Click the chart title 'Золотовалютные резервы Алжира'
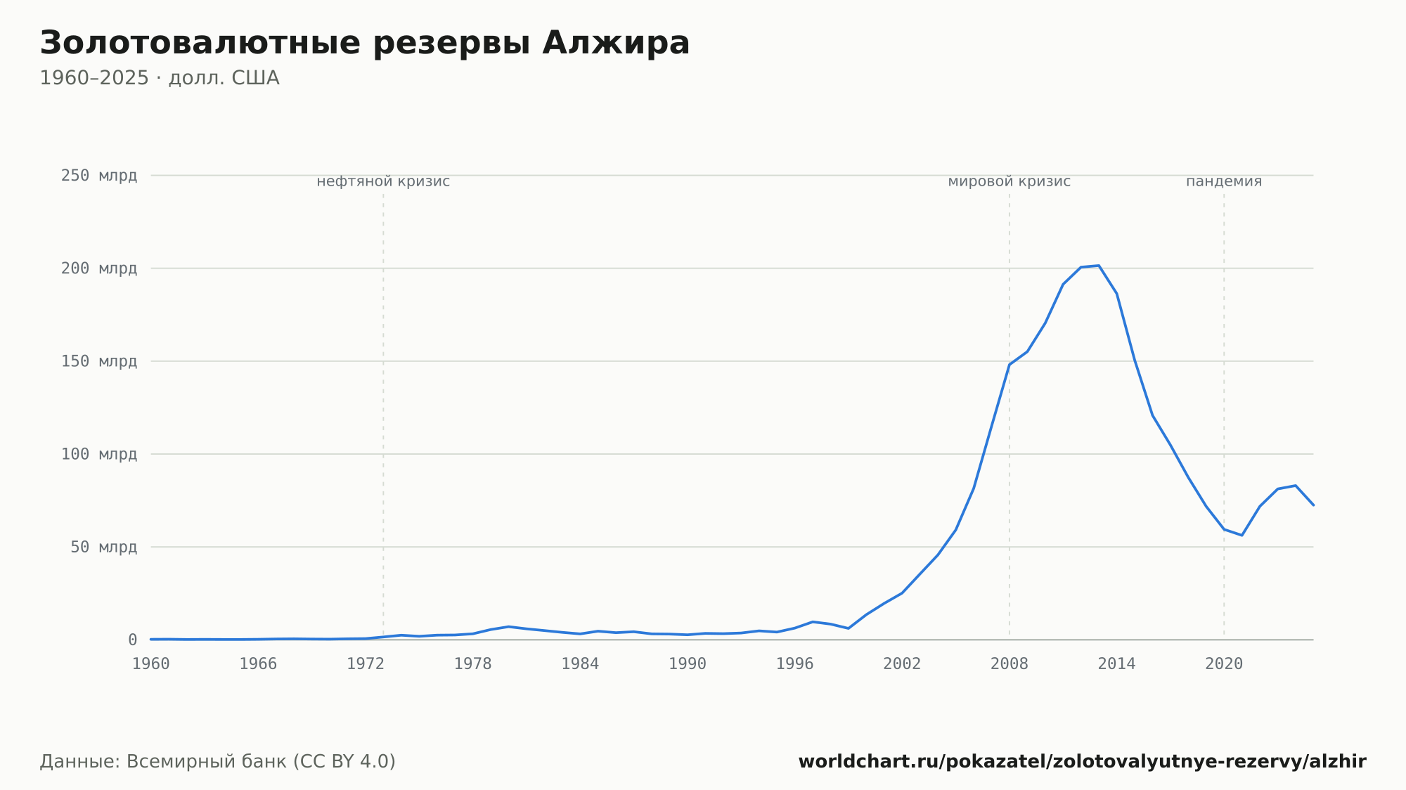pos(365,44)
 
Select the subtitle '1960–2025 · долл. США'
pos(160,78)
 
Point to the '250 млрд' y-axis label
pos(99,176)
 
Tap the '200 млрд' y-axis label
pos(99,268)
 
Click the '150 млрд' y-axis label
pos(99,361)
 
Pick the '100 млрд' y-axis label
pos(99,454)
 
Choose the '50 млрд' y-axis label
pos(103,547)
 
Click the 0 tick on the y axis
pos(132,640)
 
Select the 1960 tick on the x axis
pos(151,664)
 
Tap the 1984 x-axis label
pos(580,664)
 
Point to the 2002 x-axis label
pos(902,664)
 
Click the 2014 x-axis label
pos(1116,664)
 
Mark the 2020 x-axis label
pos(1224,664)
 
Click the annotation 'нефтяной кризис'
pos(383,181)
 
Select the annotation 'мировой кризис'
pos(1010,181)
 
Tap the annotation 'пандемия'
pos(1224,181)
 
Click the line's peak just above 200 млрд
pos(1099,266)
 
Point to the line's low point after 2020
pos(1241,536)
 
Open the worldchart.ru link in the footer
pos(1082,762)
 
